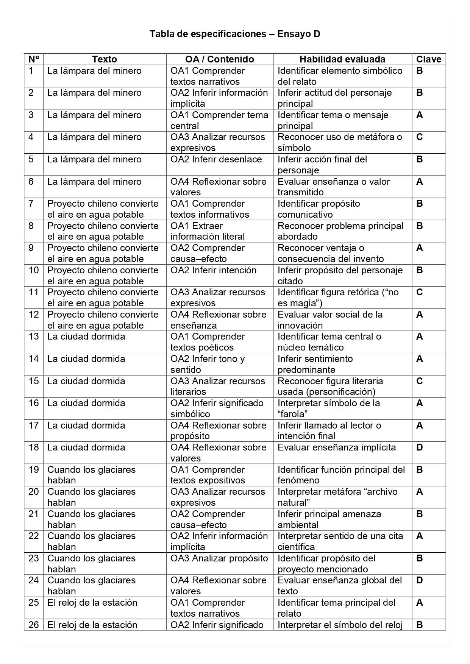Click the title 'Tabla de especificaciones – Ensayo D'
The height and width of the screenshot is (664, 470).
click(235, 34)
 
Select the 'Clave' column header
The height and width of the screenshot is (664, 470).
click(428, 59)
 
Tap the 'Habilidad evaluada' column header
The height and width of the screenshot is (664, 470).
click(342, 59)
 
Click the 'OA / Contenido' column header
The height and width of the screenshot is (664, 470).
click(219, 59)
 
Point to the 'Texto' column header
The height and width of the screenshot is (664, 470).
click(105, 59)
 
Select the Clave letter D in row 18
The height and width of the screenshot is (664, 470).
click(419, 447)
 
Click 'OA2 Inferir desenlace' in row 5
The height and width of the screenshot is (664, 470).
click(216, 159)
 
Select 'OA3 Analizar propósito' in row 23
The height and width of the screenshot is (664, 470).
click(219, 558)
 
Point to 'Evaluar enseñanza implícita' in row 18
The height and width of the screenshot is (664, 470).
click(336, 447)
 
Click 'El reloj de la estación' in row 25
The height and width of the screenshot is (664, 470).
click(92, 603)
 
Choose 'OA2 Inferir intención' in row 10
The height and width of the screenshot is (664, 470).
click(213, 270)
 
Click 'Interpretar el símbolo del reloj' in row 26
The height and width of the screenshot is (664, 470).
click(340, 625)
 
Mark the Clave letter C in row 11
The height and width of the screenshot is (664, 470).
click(419, 292)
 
